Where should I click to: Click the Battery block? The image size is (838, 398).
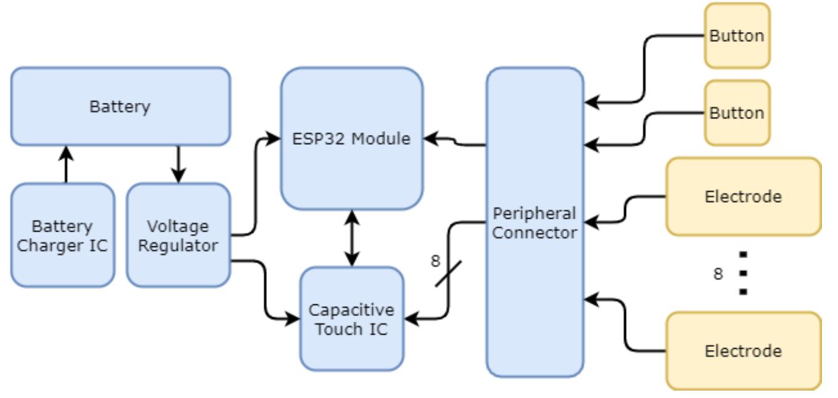click(121, 107)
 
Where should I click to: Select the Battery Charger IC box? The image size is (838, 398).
click(63, 235)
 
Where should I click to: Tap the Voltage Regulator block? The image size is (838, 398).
click(178, 235)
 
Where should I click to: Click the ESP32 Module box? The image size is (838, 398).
click(352, 139)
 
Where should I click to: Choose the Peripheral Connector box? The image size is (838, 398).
click(534, 222)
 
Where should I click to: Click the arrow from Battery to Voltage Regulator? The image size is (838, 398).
click(179, 164)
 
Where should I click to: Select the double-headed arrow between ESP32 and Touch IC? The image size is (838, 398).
click(352, 238)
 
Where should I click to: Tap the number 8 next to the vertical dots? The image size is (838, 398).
click(717, 273)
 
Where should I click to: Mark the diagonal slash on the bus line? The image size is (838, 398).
click(449, 273)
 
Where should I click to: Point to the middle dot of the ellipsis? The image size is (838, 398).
click(743, 273)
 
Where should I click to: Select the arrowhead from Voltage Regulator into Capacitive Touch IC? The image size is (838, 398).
click(293, 320)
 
